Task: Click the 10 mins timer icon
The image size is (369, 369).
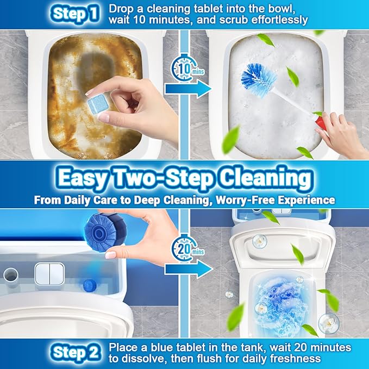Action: tap(185, 69)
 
